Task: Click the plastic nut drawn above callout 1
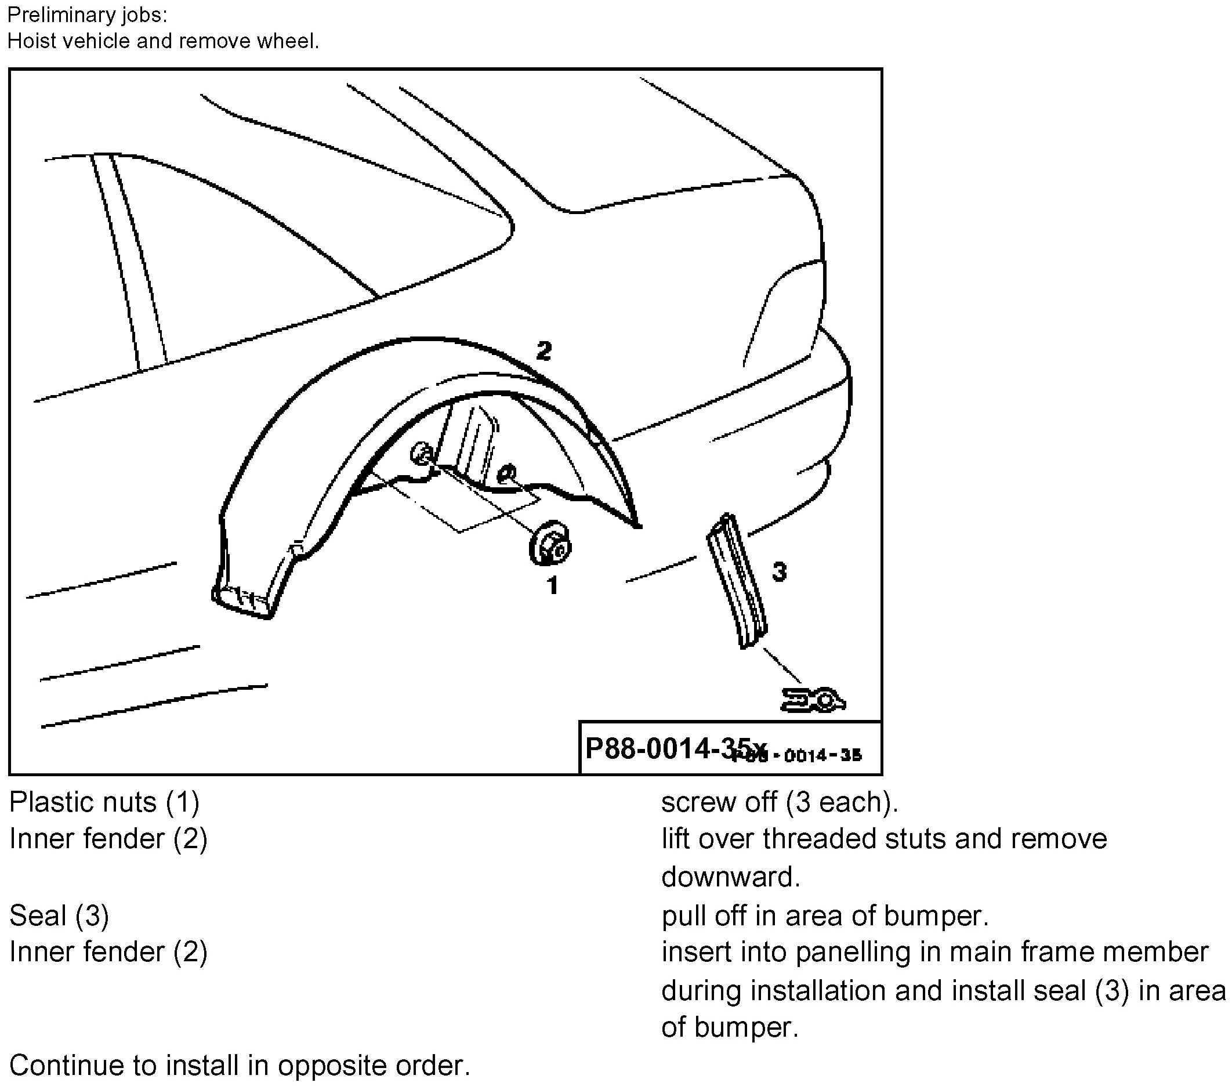point(549,545)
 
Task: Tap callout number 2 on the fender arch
point(543,351)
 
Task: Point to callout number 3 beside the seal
point(779,571)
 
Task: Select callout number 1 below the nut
point(552,585)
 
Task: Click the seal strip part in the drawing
point(737,581)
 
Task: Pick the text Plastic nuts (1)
point(104,802)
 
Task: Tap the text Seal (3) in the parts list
point(59,915)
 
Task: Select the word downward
point(730,877)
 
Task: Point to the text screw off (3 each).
point(780,802)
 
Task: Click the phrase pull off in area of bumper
point(825,915)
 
